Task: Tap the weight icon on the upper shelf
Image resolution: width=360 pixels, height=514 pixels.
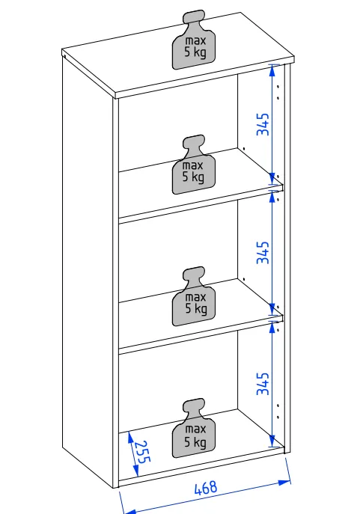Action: [193, 165]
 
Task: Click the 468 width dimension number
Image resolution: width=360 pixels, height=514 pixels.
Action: [206, 488]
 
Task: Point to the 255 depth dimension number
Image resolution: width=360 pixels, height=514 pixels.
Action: [143, 452]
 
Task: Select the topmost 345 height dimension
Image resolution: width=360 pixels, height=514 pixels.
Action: [263, 124]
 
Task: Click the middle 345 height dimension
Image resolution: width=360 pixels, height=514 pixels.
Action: [263, 252]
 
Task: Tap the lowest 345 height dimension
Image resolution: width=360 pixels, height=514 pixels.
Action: [263, 384]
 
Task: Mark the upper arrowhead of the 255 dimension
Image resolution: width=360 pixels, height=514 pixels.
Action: [131, 437]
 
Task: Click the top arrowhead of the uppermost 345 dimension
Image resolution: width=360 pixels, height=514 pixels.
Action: [272, 71]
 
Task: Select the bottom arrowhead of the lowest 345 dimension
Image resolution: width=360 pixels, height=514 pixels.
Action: [272, 441]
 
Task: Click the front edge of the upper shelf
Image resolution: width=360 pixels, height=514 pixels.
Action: [201, 205]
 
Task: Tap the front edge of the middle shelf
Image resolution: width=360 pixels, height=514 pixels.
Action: [201, 335]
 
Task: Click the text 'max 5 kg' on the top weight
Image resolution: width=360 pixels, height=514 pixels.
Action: [195, 46]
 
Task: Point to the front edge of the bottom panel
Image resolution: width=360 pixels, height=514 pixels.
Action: [201, 467]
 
